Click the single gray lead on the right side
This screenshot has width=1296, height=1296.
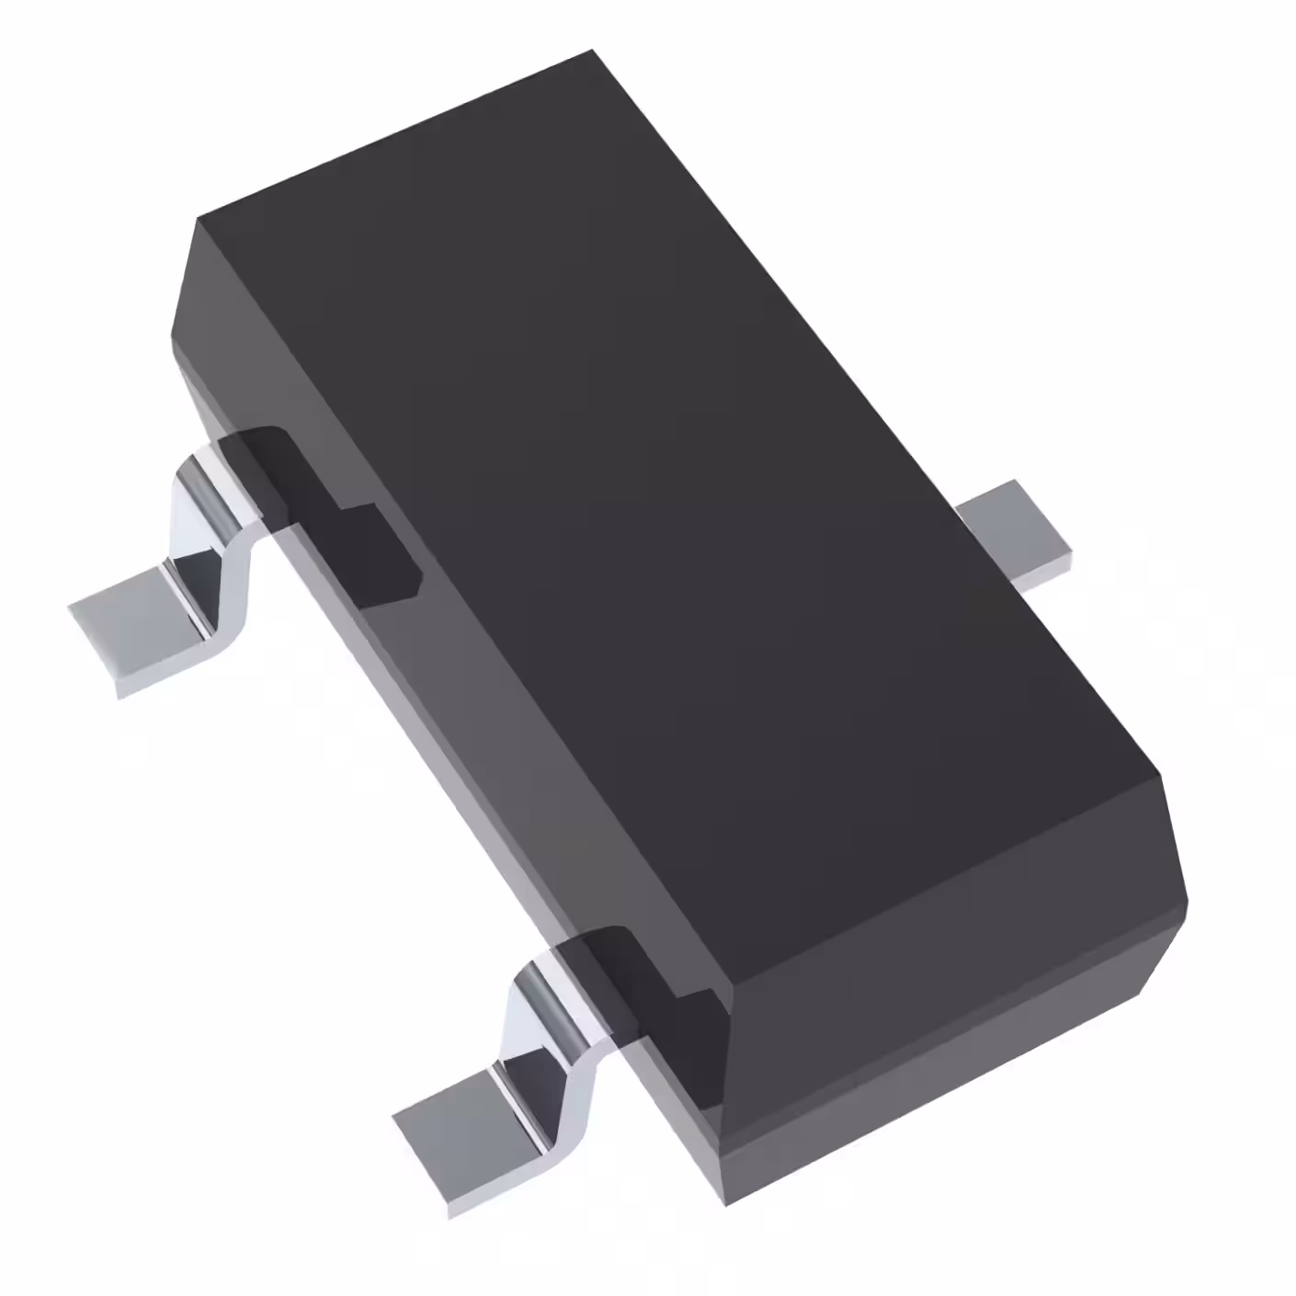(1016, 533)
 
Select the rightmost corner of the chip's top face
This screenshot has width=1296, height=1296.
(1160, 775)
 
